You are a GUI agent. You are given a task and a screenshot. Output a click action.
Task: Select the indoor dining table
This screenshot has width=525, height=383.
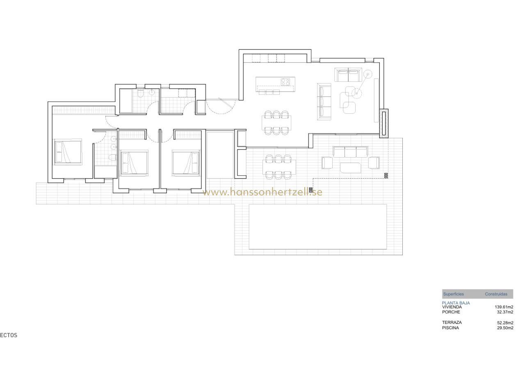(276, 123)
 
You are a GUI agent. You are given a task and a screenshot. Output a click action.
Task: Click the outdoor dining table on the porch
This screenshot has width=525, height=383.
(279, 167)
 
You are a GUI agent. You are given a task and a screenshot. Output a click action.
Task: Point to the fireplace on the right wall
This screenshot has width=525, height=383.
(383, 124)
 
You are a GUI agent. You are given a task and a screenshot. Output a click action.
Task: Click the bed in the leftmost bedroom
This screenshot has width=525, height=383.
(68, 151)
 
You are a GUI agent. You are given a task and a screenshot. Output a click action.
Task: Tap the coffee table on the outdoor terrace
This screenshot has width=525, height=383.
(350, 168)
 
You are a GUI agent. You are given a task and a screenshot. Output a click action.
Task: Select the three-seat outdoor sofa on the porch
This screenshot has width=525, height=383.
(350, 152)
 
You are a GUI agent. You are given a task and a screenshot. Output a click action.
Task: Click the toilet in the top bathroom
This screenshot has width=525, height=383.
(141, 93)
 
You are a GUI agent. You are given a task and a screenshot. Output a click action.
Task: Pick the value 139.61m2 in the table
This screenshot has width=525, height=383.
(504, 307)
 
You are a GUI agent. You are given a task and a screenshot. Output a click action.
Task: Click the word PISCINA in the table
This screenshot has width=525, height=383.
(450, 328)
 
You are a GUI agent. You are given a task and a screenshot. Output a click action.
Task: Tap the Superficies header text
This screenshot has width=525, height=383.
(453, 294)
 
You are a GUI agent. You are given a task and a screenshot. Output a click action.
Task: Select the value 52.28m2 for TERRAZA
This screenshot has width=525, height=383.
(505, 323)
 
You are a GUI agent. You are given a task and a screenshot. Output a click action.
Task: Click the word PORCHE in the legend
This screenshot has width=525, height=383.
(451, 312)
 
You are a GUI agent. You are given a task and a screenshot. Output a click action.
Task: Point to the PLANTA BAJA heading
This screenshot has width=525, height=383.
(456, 303)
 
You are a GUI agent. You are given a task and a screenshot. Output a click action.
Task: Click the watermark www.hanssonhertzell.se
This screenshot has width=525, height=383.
(262, 192)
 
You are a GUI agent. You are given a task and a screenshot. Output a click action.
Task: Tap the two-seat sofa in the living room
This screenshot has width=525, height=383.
(348, 75)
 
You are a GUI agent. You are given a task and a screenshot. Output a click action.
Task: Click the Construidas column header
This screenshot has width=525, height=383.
(496, 294)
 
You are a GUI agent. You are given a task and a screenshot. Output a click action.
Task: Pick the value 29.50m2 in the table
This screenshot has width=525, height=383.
(505, 328)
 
